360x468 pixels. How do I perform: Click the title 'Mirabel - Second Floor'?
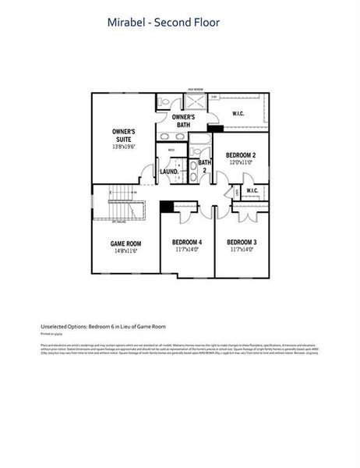point(164,23)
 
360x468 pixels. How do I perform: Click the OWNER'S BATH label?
point(184,121)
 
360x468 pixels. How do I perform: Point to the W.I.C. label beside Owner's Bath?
point(239,114)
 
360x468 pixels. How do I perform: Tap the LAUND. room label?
point(169,172)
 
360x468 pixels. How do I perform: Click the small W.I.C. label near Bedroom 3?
point(252,190)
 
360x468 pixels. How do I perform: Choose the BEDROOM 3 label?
point(242,243)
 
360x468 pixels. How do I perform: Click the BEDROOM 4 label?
point(187,243)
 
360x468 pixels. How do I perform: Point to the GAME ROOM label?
point(125,243)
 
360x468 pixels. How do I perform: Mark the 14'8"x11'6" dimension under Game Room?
point(125,251)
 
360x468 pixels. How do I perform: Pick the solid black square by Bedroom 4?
point(166,207)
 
